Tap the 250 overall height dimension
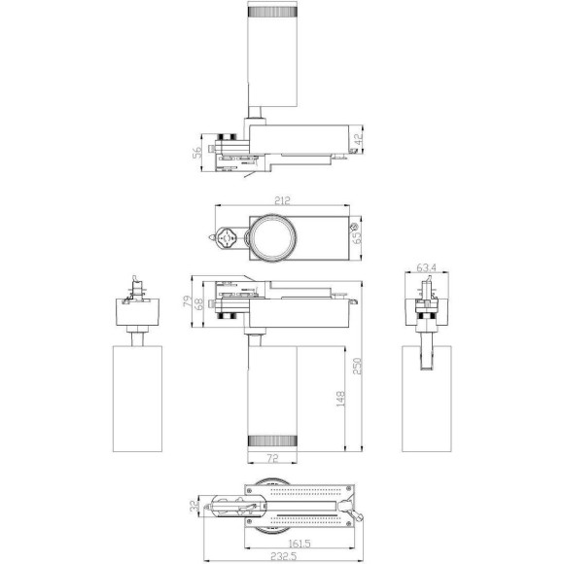tap(357, 367)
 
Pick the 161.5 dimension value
tap(300, 544)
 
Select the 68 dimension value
tap(200, 305)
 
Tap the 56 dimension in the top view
tap(197, 152)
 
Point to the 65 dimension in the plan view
tap(356, 235)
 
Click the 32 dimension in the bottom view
tap(194, 507)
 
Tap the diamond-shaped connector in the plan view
tap(229, 237)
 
